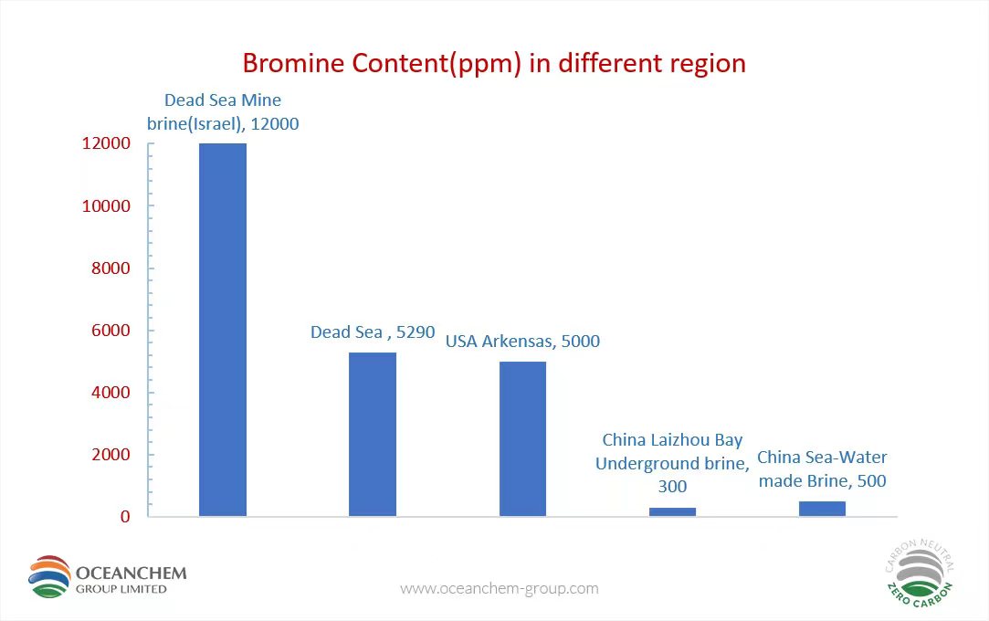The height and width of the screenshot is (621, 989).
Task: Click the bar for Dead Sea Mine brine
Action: click(223, 330)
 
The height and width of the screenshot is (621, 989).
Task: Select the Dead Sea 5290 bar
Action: click(373, 435)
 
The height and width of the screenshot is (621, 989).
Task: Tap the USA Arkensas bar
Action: click(523, 438)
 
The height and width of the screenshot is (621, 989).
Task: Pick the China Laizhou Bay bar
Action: click(672, 512)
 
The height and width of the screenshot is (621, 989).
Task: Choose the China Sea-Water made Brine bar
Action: click(823, 509)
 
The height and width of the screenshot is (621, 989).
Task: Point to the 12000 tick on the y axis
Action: click(106, 143)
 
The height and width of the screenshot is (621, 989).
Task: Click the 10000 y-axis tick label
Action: click(106, 206)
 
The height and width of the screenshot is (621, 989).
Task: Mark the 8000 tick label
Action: click(110, 268)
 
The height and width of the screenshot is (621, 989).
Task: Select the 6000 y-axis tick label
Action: click(110, 331)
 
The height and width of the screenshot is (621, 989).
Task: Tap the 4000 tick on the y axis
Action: click(110, 393)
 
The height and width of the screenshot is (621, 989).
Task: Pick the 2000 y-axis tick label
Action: click(110, 455)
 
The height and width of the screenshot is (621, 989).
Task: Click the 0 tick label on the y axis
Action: click(125, 517)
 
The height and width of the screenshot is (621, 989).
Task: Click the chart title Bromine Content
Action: click(495, 64)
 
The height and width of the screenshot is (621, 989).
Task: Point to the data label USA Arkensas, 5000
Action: click(523, 342)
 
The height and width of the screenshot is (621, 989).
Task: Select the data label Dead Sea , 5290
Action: click(373, 332)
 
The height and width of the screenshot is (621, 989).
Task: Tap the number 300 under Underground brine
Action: click(672, 487)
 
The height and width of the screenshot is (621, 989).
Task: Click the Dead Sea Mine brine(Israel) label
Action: click(223, 111)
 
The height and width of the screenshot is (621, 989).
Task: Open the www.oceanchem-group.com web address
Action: click(500, 589)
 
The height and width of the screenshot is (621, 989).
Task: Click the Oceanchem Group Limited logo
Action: click(107, 577)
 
